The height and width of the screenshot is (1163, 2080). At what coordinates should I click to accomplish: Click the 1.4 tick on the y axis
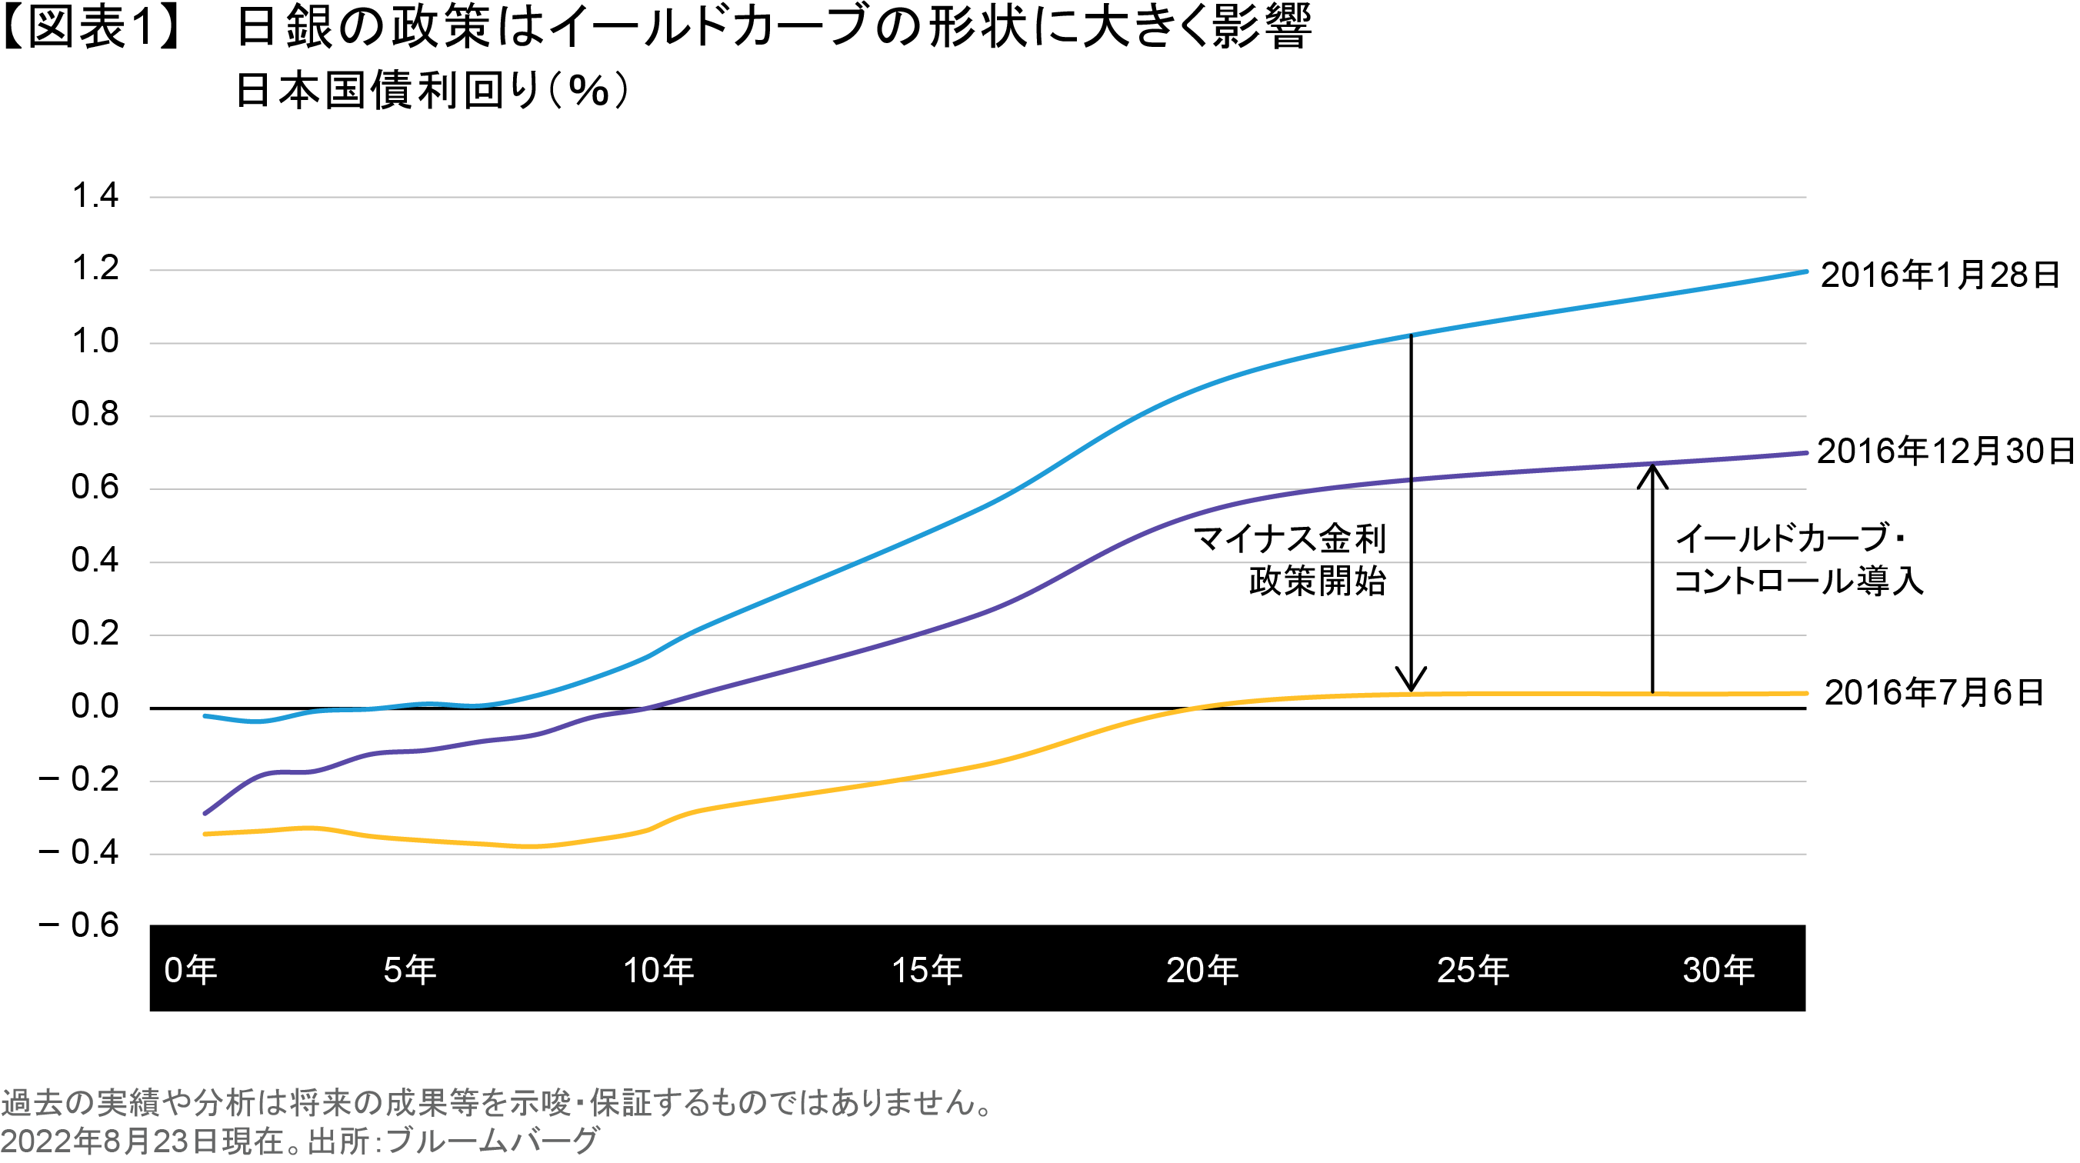click(95, 196)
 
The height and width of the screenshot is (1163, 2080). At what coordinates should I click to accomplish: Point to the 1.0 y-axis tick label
click(95, 342)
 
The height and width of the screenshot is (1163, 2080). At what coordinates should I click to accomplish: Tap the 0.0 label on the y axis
click(95, 707)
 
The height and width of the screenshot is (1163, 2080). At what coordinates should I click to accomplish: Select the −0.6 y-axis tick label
click(79, 925)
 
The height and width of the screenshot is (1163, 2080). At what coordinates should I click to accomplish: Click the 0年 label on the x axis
click(191, 970)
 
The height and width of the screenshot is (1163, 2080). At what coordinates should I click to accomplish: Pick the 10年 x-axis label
click(658, 970)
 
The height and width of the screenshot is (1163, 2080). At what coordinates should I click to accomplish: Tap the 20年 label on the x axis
click(1202, 970)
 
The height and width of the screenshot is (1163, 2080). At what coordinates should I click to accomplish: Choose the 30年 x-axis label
click(1718, 970)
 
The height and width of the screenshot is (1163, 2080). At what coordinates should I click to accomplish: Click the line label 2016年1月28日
click(1939, 275)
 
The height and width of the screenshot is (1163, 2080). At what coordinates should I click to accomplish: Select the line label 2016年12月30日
click(1945, 452)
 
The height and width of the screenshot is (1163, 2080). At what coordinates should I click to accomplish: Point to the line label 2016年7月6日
click(1934, 693)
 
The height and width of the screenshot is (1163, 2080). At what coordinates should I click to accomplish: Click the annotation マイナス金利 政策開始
click(1291, 560)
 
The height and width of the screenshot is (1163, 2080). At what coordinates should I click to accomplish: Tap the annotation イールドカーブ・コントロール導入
click(1798, 560)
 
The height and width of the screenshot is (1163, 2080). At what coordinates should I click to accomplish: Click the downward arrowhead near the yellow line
click(1411, 680)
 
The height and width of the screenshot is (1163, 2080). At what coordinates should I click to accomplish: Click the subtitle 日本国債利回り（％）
click(433, 91)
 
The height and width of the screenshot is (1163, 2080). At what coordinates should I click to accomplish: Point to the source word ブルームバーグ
click(492, 1141)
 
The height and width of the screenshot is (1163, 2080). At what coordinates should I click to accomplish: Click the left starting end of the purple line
click(205, 812)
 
